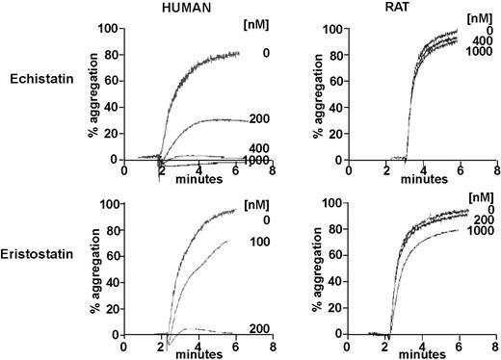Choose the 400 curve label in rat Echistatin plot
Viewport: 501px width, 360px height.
479,41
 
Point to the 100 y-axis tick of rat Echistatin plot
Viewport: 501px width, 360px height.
329,29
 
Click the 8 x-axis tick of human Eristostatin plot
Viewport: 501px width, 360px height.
274,346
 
